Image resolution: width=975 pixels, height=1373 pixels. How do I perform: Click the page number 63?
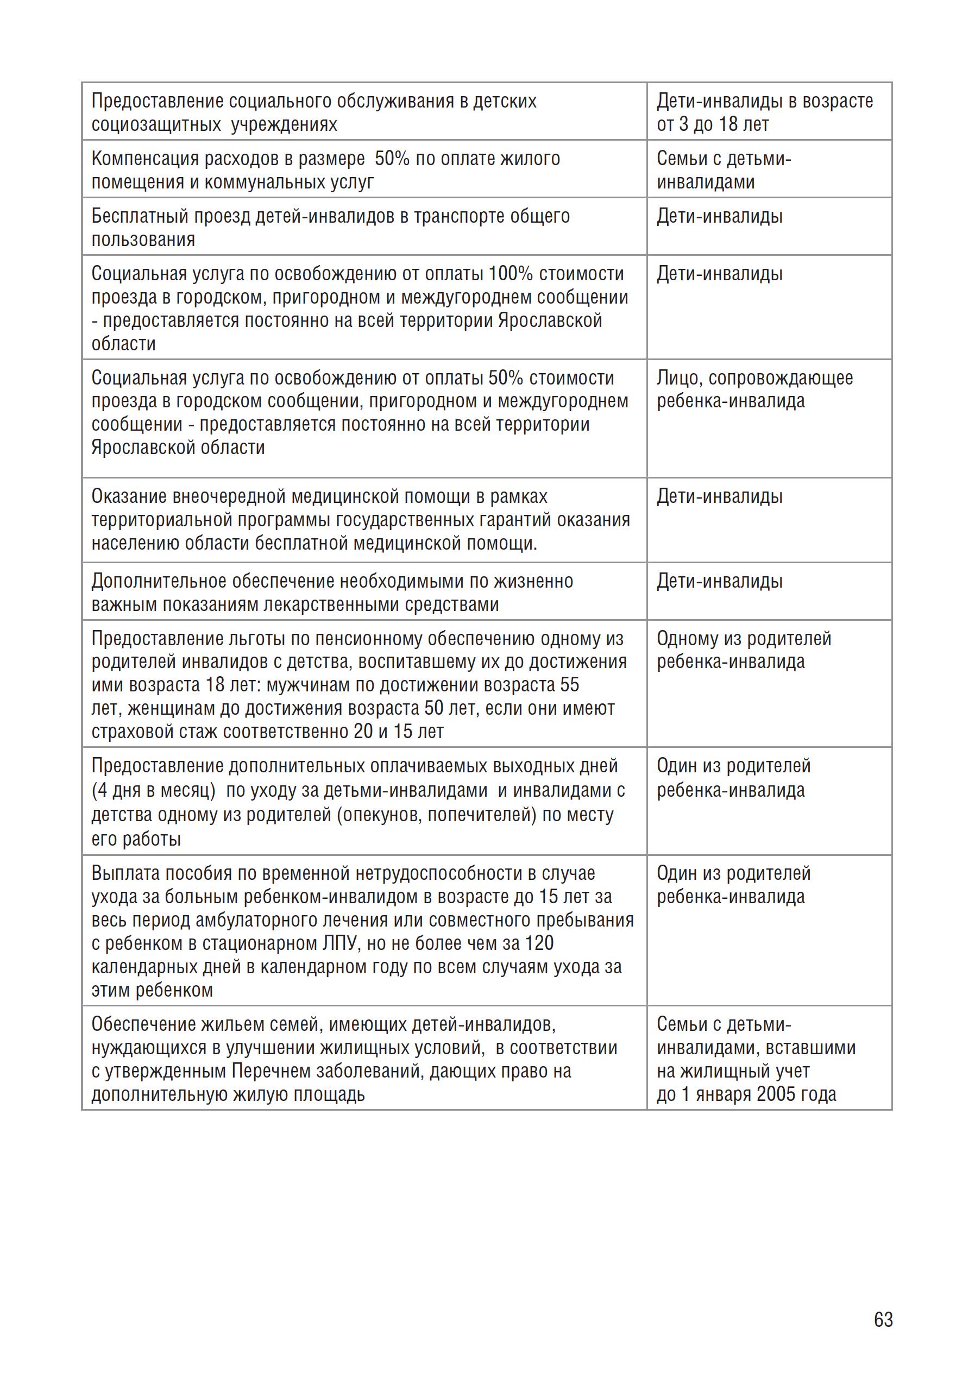(883, 1320)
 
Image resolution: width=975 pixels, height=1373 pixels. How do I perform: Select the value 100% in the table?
(511, 274)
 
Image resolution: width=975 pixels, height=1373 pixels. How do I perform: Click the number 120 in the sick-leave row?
(539, 944)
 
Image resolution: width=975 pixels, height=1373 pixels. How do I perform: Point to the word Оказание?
(129, 496)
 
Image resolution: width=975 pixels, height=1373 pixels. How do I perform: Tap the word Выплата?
(125, 873)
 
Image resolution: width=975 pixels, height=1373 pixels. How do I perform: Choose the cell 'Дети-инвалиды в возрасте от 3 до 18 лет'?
(765, 112)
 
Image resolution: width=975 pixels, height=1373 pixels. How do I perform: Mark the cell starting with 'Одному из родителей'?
(744, 650)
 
